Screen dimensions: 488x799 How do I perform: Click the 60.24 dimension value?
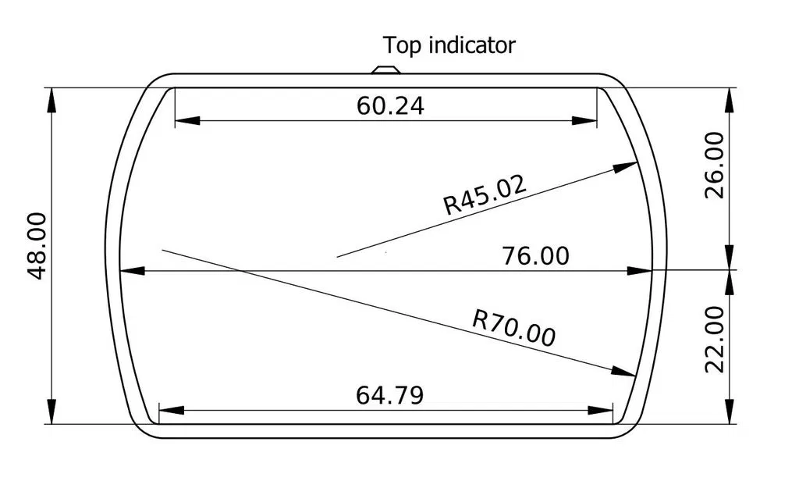click(x=391, y=106)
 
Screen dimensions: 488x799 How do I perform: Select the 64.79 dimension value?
click(x=390, y=395)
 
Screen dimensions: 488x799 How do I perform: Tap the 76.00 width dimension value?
click(x=536, y=255)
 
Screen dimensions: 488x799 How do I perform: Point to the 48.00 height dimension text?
click(x=37, y=246)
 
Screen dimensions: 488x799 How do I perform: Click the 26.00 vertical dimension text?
click(x=715, y=165)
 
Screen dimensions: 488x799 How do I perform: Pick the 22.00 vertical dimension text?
click(x=715, y=339)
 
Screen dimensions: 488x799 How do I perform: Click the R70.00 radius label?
click(x=514, y=327)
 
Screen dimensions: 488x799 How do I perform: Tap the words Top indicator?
click(x=449, y=45)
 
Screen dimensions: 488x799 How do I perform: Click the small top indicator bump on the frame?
click(x=385, y=69)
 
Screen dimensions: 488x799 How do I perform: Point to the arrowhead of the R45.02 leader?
click(x=627, y=166)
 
